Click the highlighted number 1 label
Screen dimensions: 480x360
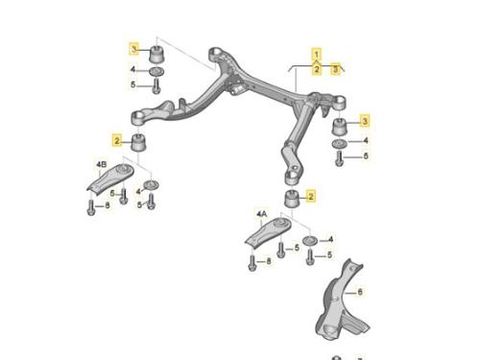[317, 54]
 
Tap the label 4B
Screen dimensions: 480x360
[102, 165]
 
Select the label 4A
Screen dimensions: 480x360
[261, 214]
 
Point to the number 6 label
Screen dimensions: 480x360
[360, 292]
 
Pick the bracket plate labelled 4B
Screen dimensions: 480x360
[110, 178]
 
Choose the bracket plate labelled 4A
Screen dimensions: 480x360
[268, 232]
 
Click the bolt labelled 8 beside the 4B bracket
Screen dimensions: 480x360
[91, 207]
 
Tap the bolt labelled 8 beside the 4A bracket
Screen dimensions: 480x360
[252, 263]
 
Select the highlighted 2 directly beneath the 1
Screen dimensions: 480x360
[317, 69]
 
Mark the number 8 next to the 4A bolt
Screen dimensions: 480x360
[269, 261]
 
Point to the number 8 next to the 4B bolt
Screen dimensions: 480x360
[108, 205]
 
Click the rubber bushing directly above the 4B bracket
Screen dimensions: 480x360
[139, 143]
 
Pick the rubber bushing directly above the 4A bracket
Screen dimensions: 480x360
[292, 199]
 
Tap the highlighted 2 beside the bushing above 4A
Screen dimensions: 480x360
[310, 196]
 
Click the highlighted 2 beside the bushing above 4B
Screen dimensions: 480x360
[117, 140]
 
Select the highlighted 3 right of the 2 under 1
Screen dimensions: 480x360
[335, 69]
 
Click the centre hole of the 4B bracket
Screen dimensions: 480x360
[123, 169]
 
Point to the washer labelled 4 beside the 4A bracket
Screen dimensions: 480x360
[310, 241]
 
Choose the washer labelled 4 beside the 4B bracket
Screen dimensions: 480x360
[152, 184]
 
